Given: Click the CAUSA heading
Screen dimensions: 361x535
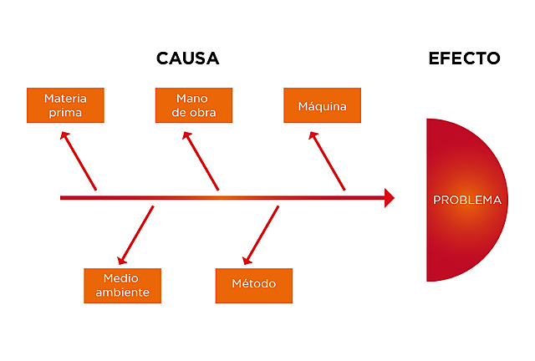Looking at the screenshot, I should [x=187, y=58].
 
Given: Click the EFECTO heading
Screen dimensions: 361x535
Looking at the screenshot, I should [x=464, y=58].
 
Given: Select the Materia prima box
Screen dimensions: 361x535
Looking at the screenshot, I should [x=65, y=105].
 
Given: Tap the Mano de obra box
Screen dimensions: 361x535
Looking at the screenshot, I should [x=193, y=105].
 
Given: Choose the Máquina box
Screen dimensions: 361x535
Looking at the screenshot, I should [x=322, y=106].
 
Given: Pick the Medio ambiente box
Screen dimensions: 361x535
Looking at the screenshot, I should [x=122, y=285].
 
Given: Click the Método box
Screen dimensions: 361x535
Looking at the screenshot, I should [x=253, y=285].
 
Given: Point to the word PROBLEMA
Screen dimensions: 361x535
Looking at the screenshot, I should [x=467, y=201].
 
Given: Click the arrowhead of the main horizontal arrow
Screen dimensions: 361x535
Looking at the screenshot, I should [x=389, y=198].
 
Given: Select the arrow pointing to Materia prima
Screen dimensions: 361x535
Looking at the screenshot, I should [x=80, y=160].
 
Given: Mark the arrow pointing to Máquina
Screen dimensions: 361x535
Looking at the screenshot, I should [x=328, y=160].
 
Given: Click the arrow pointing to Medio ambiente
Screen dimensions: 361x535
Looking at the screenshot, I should [x=136, y=236].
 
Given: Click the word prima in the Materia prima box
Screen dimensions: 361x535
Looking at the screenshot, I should [x=65, y=113].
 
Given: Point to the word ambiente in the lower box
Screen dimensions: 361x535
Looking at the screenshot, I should [x=122, y=292].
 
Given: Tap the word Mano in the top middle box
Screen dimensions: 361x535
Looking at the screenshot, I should [x=192, y=98].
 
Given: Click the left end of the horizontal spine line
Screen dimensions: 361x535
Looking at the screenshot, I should [x=63, y=198].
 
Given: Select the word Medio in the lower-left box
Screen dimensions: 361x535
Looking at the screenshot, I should [x=122, y=277].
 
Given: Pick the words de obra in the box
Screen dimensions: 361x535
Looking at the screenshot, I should [x=193, y=113].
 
